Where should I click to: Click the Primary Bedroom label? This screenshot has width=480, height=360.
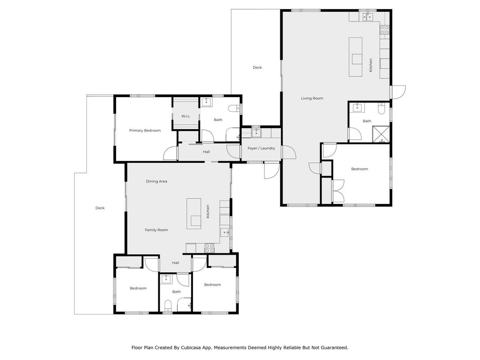pyautogui.click(x=145, y=130)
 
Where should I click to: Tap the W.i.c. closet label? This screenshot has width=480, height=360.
pyautogui.click(x=186, y=117)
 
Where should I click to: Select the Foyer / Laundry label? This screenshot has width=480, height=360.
pyautogui.click(x=261, y=148)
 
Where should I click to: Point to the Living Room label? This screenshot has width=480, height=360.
pyautogui.click(x=312, y=98)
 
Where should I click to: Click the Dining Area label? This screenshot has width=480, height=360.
pyautogui.click(x=157, y=181)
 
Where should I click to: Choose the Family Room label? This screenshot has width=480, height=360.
pyautogui.click(x=157, y=230)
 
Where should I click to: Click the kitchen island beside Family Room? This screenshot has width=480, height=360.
pyautogui.click(x=194, y=214)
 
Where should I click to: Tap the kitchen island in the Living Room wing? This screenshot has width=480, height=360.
pyautogui.click(x=356, y=57)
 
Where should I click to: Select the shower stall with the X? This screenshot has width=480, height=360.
pyautogui.click(x=381, y=134)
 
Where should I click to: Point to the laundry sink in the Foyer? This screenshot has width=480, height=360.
pyautogui.click(x=256, y=133)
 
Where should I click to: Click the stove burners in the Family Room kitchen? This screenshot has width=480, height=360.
pyautogui.click(x=209, y=248)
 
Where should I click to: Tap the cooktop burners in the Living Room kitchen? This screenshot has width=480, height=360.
pyautogui.click(x=385, y=30)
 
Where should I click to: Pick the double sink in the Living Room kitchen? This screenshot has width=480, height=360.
pyautogui.click(x=368, y=17)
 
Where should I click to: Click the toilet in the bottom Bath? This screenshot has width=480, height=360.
pyautogui.click(x=168, y=306)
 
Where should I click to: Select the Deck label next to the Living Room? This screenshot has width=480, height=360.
pyautogui.click(x=257, y=67)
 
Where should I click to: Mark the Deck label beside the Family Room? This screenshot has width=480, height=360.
pyautogui.click(x=100, y=208)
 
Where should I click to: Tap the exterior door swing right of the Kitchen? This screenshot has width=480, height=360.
pyautogui.click(x=398, y=92)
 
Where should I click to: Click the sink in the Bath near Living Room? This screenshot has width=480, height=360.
pyautogui.click(x=357, y=108)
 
